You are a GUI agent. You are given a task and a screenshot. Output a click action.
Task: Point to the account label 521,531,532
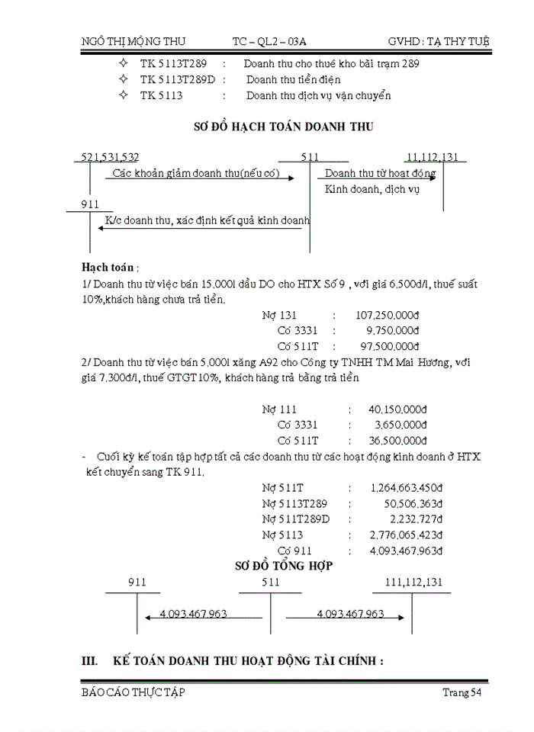111,157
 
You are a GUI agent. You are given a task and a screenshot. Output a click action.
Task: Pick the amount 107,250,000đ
388,314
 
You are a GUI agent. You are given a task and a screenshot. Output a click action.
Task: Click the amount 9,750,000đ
393,330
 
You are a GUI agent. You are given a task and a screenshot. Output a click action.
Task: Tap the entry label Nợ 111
278,409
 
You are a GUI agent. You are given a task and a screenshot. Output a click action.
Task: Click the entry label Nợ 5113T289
295,503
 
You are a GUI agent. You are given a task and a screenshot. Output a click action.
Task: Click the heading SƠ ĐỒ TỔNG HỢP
283,566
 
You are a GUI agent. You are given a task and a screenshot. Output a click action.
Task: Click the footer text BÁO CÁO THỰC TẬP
133,692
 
